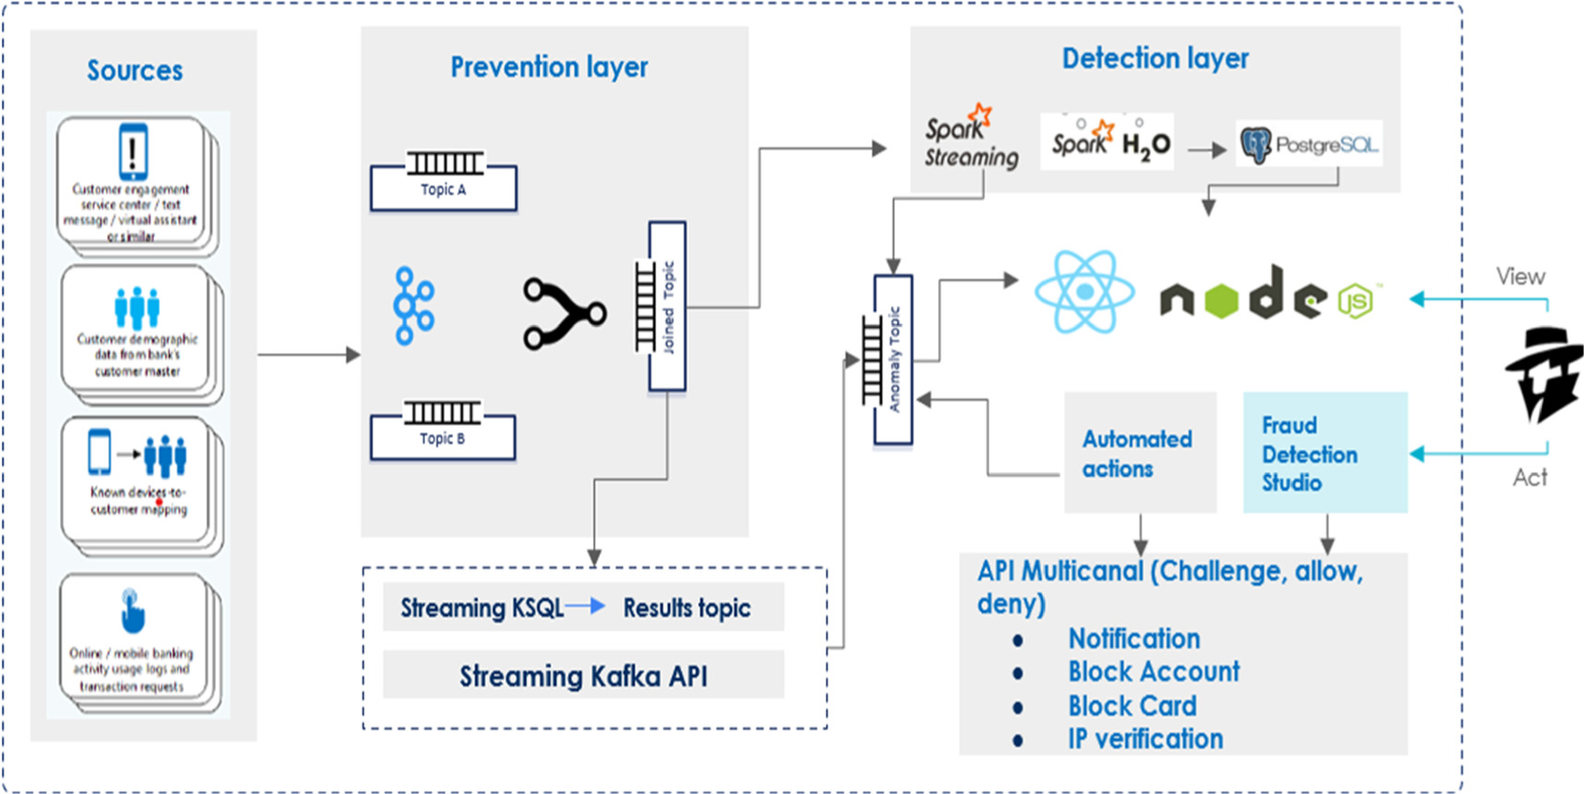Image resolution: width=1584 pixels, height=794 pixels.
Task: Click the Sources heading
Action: coord(135,70)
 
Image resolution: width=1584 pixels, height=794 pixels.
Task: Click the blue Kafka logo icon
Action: coord(414,306)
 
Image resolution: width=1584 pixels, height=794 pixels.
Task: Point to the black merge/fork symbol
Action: coord(564,314)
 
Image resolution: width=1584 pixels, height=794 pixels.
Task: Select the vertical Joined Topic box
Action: coord(666,307)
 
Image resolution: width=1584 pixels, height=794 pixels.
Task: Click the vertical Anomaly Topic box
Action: coord(893,360)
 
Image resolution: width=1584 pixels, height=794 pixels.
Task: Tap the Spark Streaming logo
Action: coord(971,138)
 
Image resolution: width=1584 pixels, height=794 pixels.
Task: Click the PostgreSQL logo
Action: coord(1309,144)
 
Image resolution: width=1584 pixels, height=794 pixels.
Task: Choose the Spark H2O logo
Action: coord(1107,142)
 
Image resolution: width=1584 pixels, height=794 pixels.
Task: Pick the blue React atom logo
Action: coord(1085,292)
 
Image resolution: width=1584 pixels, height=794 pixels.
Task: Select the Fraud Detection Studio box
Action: coord(1325,452)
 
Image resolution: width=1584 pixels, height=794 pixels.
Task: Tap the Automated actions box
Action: coord(1139,452)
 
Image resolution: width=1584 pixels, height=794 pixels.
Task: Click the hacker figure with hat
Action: coord(1544,374)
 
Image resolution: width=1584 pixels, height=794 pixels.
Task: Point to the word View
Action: coord(1520,276)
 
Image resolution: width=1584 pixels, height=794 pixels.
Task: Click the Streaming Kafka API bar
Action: coord(583,676)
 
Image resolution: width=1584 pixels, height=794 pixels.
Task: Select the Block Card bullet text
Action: coord(1132,705)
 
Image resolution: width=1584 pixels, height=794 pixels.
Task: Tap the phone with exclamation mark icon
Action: coord(133,151)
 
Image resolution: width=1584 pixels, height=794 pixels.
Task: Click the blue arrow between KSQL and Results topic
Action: coord(585,607)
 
